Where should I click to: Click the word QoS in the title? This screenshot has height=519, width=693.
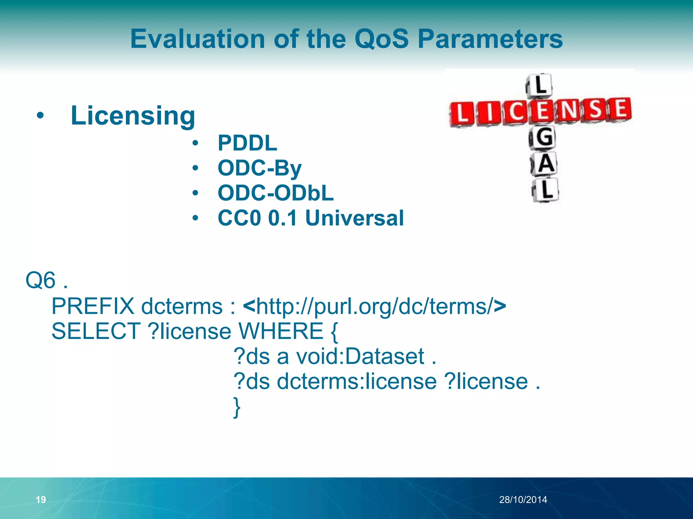click(382, 39)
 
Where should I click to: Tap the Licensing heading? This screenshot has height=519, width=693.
click(133, 116)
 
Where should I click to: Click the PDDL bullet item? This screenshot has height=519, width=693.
click(247, 143)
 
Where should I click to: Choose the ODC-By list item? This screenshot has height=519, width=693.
click(260, 168)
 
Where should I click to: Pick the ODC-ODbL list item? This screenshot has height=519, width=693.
click(275, 193)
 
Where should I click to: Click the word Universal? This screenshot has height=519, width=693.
click(354, 218)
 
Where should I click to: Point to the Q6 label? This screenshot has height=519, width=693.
click(41, 280)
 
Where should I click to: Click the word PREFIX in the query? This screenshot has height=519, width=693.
click(93, 306)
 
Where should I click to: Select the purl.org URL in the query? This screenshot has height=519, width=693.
click(374, 306)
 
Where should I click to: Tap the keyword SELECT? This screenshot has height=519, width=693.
click(96, 331)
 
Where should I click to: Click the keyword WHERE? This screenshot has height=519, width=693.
click(281, 331)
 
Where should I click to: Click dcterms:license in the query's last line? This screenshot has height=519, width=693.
click(357, 381)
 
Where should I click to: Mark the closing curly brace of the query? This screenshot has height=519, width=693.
click(237, 407)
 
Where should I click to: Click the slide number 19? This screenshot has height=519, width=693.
click(41, 499)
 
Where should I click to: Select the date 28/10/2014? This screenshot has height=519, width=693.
click(523, 499)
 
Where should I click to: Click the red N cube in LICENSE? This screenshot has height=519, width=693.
click(569, 110)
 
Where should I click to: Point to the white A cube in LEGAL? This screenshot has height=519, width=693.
click(544, 164)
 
